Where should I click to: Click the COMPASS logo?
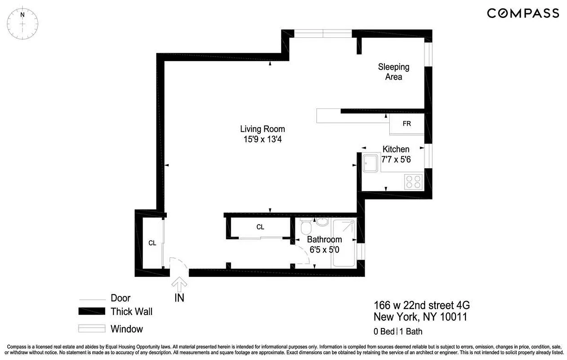(523, 13)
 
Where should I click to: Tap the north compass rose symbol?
(22, 22)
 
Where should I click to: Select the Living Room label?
(262, 129)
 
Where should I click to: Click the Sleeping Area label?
(393, 72)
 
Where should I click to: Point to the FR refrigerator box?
(406, 124)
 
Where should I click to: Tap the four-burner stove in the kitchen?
(413, 181)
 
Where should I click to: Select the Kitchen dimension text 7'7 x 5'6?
(396, 159)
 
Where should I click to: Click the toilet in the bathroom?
(306, 226)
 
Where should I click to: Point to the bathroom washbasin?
(322, 221)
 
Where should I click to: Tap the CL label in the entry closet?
(152, 243)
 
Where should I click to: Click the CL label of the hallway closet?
(260, 227)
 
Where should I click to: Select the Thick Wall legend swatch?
(92, 311)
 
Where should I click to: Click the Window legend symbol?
(92, 328)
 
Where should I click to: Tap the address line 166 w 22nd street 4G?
(422, 306)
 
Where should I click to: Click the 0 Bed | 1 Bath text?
(398, 332)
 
